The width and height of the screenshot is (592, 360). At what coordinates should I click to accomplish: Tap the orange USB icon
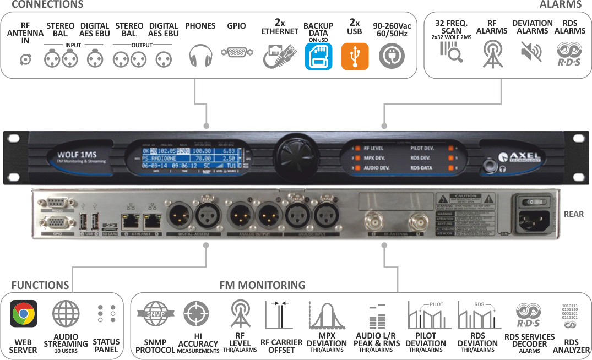[x=355, y=56]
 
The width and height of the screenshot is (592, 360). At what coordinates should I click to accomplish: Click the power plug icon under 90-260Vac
[x=392, y=56]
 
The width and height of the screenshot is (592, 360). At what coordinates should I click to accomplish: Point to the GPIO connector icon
[x=236, y=52]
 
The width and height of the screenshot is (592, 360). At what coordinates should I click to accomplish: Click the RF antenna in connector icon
[x=25, y=59]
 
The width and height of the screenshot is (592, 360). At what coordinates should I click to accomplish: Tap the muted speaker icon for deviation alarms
[x=531, y=52]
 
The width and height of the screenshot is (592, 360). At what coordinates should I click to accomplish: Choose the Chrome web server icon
[x=24, y=314]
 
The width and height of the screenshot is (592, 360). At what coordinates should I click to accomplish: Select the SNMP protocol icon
[x=155, y=314]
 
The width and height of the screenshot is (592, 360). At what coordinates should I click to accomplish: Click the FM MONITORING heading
[x=262, y=285]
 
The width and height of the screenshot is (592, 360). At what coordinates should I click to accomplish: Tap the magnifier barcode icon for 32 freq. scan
[x=451, y=52]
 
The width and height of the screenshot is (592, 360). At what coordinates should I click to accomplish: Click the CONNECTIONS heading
[x=47, y=5]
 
